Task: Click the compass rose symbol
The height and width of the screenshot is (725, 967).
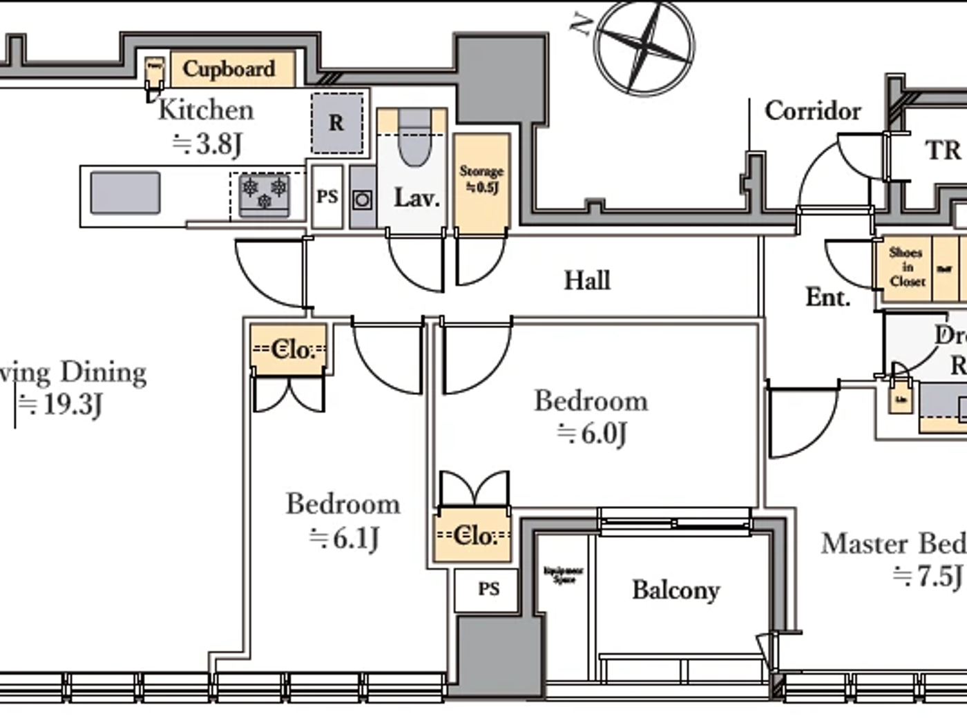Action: (644, 47)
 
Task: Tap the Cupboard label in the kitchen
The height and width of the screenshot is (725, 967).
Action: (229, 69)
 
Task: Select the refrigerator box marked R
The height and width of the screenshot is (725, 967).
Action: (336, 123)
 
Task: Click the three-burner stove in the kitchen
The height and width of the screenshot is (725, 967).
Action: (264, 193)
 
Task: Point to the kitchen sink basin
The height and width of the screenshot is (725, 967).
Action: (125, 193)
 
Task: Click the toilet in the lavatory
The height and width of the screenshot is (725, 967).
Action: (414, 138)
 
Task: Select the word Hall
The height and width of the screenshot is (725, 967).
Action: (587, 280)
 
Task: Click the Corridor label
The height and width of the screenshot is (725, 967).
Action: (812, 110)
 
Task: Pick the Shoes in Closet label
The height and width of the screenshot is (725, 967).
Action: (907, 267)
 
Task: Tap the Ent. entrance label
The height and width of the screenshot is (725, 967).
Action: (827, 298)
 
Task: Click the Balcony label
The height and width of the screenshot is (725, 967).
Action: (676, 590)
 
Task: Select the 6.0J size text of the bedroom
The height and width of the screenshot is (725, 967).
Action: (592, 434)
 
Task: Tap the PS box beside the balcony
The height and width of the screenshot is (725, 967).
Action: (488, 589)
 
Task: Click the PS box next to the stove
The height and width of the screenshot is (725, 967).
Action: (327, 197)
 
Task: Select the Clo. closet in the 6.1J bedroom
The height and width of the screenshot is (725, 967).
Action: (289, 349)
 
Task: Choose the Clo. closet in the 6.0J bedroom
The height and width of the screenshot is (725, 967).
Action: (474, 535)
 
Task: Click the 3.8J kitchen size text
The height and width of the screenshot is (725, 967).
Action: (207, 144)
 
